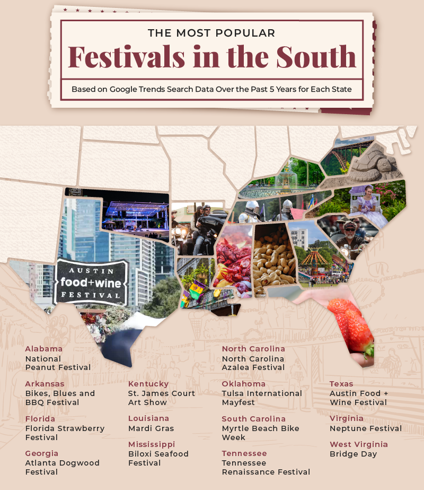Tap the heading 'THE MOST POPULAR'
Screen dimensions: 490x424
tap(212, 33)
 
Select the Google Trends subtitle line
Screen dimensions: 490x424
tap(212, 89)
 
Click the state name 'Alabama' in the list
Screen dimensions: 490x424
tap(44, 349)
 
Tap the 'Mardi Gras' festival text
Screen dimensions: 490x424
tap(151, 428)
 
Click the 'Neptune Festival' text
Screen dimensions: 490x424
tap(366, 428)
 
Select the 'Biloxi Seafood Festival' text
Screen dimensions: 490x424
tap(158, 459)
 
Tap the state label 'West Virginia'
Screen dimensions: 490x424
tap(359, 444)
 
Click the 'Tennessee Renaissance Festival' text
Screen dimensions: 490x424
tap(266, 468)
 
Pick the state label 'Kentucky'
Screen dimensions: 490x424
tap(148, 384)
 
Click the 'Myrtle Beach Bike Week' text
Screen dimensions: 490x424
tap(260, 433)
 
